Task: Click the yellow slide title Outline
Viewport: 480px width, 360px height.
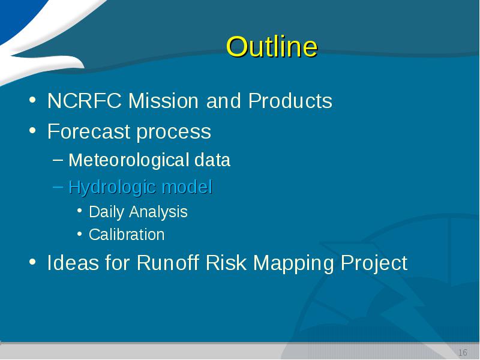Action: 272,47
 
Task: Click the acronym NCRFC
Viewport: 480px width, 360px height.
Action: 85,100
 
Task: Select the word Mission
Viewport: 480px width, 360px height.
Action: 163,100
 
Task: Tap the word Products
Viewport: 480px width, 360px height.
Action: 290,100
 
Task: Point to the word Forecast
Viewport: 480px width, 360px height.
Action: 89,131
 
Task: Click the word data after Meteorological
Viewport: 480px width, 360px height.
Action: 212,160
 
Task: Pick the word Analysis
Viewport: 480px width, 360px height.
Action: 158,212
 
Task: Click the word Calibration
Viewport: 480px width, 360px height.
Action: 127,235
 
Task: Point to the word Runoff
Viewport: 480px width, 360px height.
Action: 168,263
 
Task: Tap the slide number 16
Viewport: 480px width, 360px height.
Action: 463,352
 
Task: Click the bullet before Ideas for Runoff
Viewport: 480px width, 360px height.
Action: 33,262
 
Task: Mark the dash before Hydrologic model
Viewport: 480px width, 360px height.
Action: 58,187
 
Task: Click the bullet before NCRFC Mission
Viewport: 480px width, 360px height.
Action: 33,100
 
